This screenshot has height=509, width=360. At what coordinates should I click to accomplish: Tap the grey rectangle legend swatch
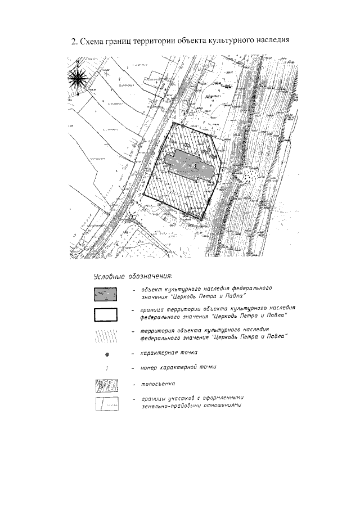tap(106, 294)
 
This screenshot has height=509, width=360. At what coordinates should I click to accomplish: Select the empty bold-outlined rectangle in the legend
tap(106, 314)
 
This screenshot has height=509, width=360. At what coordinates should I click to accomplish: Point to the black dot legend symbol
tap(106, 354)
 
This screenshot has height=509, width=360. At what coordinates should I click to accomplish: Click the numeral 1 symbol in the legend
tap(106, 368)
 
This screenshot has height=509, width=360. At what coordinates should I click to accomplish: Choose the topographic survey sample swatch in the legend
tap(106, 386)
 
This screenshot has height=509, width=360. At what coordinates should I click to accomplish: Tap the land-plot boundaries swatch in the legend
tap(106, 403)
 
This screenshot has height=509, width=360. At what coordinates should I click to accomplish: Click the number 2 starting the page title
tap(73, 41)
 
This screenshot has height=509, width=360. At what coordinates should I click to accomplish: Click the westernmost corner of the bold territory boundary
tap(143, 195)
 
